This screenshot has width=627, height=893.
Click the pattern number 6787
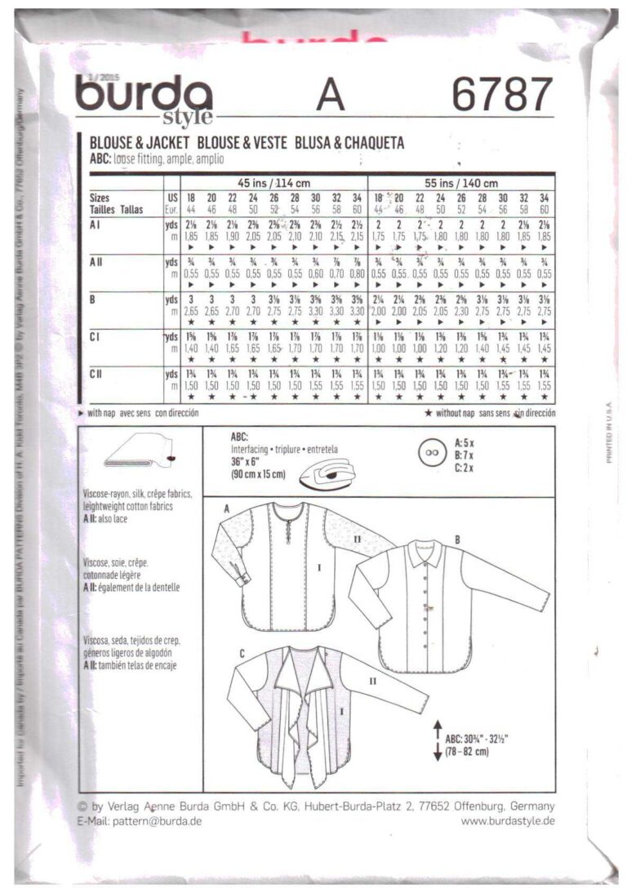click(502, 95)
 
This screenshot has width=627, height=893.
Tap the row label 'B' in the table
click(95, 299)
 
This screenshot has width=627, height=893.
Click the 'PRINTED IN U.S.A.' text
click(608, 433)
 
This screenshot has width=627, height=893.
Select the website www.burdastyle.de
click(508, 820)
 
